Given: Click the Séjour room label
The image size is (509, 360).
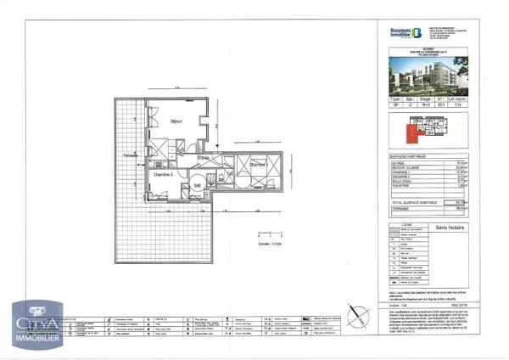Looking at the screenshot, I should (176, 121).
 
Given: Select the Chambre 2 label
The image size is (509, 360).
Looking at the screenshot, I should (164, 173).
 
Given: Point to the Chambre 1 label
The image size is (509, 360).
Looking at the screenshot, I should (258, 165).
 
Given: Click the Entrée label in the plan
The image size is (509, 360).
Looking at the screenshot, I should (204, 158).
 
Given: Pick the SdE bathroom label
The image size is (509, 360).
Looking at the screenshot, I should (196, 185).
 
